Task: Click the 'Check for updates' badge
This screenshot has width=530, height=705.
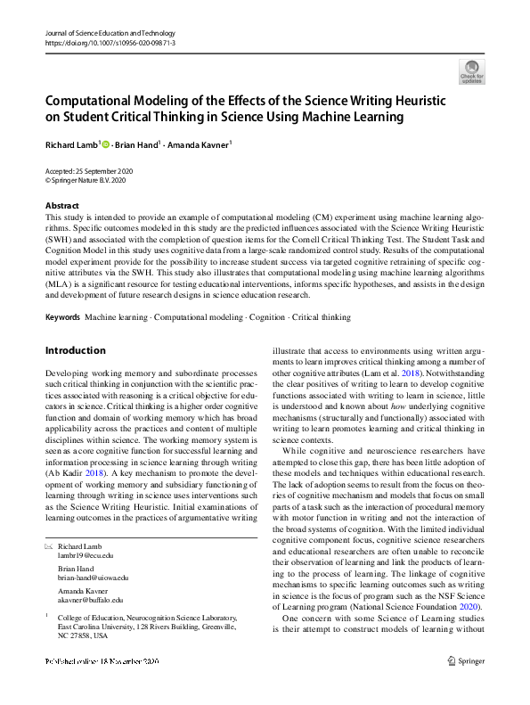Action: (471, 70)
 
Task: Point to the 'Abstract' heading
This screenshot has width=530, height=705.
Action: (61, 205)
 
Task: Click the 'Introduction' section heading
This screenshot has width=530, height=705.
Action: (75, 350)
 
